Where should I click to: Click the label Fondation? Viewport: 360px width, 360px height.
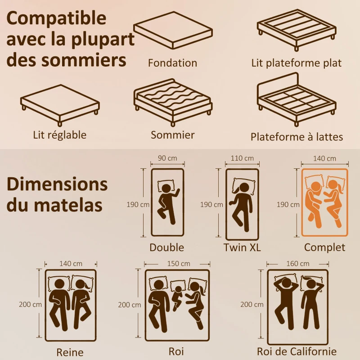coord(172,63)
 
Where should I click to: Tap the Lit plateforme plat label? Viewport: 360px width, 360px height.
coord(297,63)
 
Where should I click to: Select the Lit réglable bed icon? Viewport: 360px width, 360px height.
coord(59,104)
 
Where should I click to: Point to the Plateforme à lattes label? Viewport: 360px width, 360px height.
coord(297,137)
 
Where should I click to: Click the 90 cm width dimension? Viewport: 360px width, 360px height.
coord(167,158)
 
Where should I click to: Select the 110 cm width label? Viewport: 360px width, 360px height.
coord(242,158)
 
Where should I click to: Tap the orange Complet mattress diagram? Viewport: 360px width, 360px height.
coord(324,202)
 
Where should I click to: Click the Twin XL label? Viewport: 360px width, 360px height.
coord(242,247)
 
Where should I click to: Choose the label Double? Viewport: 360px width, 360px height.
coord(167,247)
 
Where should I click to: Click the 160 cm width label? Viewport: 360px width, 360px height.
coord(297,263)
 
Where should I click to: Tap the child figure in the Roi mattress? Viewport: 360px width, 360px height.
coord(178,295)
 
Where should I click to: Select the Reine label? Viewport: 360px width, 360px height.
coord(70,352)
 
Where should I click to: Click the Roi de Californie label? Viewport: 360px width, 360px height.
coord(297,351)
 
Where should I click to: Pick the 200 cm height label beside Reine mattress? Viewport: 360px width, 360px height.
coord(30,304)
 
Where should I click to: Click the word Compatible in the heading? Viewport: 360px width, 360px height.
coord(57,19)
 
